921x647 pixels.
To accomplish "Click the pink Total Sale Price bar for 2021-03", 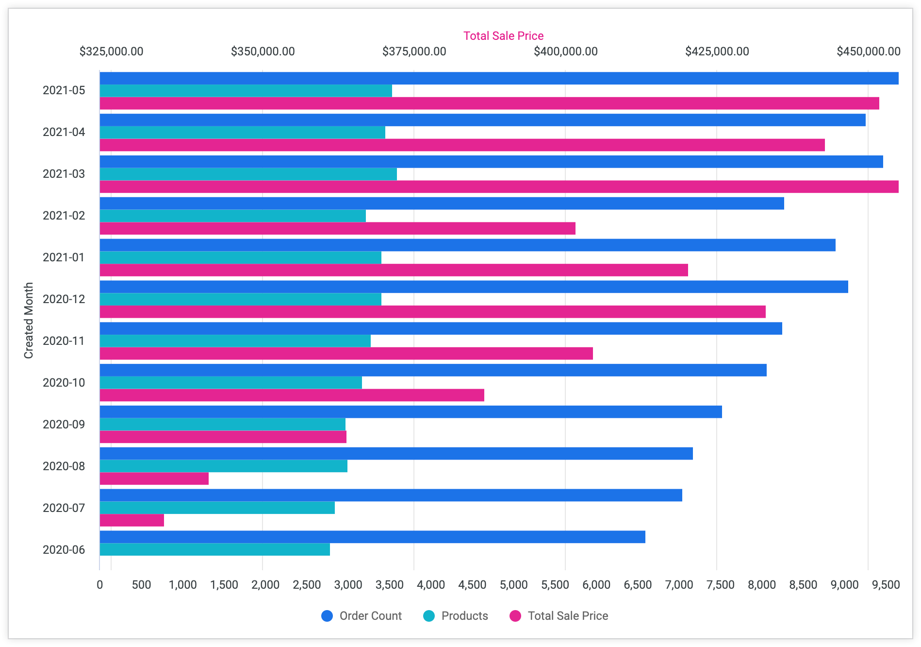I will coord(499,187).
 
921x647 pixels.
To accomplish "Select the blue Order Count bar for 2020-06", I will coord(372,537).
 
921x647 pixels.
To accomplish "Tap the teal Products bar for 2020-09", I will coord(222,425).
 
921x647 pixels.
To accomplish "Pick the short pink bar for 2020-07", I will coord(132,520).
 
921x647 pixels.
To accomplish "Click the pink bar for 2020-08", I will coord(154,478).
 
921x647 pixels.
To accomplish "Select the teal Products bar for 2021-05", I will coord(246,91).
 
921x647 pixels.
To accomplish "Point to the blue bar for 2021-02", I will coord(442,204).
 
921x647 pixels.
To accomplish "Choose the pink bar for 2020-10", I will coord(292,395).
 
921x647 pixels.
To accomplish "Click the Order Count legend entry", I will coord(362,616).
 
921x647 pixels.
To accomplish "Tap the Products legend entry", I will coord(456,616).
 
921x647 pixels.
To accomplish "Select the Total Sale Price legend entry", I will coord(559,616).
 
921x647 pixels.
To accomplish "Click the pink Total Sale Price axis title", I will coord(503,36).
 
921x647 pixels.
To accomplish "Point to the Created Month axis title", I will coord(29,321).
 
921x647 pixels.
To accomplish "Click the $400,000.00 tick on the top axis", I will coord(565,51).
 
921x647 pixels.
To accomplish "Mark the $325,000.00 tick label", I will coord(111,51).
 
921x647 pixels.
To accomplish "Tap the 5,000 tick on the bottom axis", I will coord(513,585).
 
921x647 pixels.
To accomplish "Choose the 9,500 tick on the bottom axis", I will coord(886,585).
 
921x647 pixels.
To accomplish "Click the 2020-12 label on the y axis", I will coord(64,299).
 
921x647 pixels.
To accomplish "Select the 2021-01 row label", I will coord(64,257).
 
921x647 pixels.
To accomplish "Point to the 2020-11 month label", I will coord(64,341).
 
